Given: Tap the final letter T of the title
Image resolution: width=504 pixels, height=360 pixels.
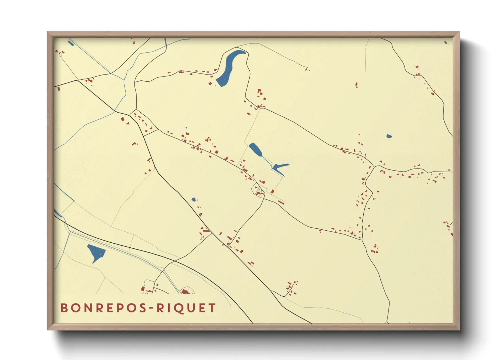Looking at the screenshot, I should pos(212,308).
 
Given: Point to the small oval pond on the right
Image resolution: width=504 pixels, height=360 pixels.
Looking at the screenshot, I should pos(389,136).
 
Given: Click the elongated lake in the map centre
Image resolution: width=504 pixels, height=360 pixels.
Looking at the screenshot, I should pos(255,150).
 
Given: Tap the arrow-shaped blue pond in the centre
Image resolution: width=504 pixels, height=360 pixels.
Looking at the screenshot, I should pos(279,166).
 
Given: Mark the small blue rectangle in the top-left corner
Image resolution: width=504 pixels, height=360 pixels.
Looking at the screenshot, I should pos(70,43).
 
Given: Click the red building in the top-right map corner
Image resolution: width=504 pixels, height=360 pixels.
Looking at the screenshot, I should pos(445,43).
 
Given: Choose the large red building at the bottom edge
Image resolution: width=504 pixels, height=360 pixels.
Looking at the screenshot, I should pos(185,291).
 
